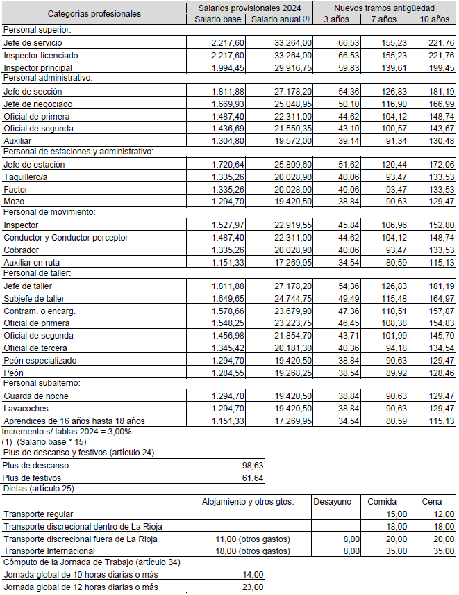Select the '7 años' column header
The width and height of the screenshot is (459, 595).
pos(383,19)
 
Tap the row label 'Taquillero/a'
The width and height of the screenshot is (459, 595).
pos(27,177)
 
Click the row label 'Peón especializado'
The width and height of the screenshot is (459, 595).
pos(40,361)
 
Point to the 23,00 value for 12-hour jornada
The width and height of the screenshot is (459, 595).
pos(253,587)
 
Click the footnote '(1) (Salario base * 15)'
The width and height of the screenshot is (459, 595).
pos(44,441)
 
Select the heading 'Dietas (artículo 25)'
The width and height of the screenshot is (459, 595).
pos(40,489)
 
